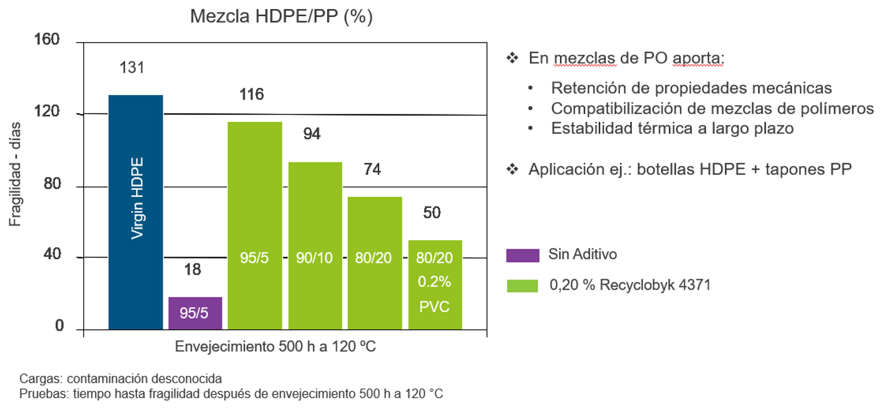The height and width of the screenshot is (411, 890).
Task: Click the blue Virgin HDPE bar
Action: coord(135,212)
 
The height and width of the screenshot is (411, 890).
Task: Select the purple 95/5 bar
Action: coord(195,313)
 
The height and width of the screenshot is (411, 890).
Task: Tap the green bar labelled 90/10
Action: coord(315,245)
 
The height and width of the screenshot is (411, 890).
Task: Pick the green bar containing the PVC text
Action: coord(435,284)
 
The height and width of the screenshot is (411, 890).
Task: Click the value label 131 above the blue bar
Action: coord(132,68)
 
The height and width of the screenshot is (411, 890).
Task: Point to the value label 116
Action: coord(251,94)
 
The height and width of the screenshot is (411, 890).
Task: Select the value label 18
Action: coord(193,269)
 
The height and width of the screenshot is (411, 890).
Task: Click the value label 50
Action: coord(432,213)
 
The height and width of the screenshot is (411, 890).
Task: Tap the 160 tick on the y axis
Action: coord(47,39)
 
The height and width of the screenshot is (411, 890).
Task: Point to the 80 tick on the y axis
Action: coord(52,183)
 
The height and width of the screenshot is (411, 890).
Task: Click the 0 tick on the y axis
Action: coord(60,325)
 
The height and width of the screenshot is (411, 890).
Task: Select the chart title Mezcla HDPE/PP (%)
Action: coord(281,16)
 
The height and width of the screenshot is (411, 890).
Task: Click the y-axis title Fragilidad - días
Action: coord(15,174)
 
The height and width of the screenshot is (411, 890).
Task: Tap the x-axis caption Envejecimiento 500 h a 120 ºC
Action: coord(275,346)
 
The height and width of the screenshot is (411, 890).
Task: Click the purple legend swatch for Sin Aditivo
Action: coord(522,255)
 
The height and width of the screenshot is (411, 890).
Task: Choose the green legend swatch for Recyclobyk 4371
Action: coord(522,286)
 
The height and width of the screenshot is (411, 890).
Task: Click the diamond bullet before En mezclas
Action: coord(512,58)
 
